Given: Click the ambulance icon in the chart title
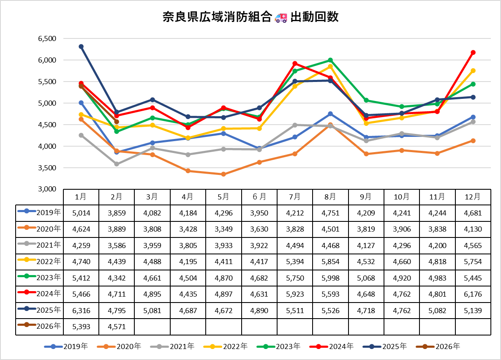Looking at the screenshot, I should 281,17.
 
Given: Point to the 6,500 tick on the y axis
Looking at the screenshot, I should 47,38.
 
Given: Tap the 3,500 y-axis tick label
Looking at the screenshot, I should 47,168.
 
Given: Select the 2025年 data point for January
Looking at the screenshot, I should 81,46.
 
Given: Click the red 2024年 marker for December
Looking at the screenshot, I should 473,52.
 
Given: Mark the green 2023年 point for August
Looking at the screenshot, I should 330,60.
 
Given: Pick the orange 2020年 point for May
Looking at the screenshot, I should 223,174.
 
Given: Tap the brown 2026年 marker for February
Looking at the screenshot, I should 117,122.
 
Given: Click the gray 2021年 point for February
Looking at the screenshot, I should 117,164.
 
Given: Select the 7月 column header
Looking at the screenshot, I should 295,196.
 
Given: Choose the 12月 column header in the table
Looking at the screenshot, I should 473,196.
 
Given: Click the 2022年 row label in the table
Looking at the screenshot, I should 39,261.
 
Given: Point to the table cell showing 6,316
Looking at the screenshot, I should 81,310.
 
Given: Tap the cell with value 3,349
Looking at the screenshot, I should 223,229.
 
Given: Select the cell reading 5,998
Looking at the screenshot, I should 330,278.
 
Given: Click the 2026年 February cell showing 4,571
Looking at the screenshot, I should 117,326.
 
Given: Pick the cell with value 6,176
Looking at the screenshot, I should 473,294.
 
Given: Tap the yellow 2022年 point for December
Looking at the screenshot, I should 473,71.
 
